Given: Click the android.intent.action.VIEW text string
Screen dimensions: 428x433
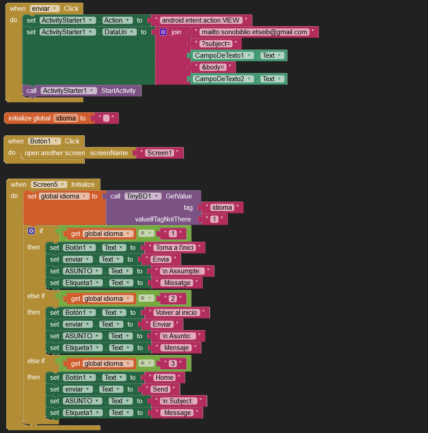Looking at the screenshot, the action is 200,20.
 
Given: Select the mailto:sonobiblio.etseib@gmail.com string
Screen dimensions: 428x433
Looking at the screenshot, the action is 254,32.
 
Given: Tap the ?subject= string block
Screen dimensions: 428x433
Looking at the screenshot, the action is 216,44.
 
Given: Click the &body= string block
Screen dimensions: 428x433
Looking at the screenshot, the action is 213,67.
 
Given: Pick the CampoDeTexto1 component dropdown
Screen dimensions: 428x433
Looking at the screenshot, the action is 223,55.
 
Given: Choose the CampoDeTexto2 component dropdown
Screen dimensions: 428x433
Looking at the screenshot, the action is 223,79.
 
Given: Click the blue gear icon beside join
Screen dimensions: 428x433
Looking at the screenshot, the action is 163,32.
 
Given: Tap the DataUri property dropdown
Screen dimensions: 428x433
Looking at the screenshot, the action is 119,32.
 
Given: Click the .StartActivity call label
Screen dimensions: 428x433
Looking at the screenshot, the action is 118,91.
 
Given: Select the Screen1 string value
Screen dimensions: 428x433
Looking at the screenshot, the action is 159,153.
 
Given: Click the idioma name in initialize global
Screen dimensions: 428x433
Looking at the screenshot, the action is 66,118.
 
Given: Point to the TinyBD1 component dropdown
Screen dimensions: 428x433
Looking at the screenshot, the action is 143,196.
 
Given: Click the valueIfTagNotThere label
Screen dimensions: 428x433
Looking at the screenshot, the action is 163,219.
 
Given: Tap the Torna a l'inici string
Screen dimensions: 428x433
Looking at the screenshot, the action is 175,248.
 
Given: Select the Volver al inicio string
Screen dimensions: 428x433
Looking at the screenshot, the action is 177,313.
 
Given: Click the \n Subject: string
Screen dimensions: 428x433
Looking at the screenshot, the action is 179,401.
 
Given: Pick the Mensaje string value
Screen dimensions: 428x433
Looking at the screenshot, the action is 177,348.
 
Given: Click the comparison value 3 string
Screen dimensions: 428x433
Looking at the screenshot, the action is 173,364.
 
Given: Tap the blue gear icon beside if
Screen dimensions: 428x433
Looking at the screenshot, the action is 32,231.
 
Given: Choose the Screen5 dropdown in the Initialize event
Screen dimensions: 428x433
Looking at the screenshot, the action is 49,184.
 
